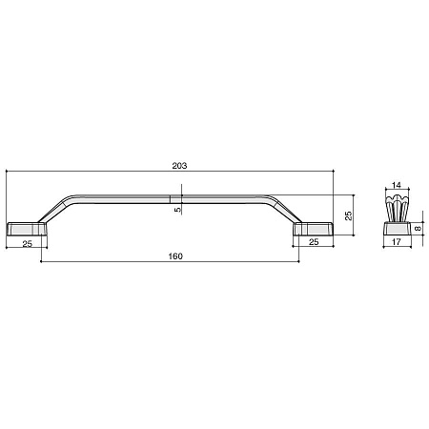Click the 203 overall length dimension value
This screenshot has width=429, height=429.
pos(179,166)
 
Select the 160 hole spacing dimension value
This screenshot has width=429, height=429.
pos(175,256)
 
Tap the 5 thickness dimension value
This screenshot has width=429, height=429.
pos(177,210)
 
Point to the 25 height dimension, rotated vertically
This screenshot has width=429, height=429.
pos(349,215)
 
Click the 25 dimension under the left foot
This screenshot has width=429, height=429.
pos(28,244)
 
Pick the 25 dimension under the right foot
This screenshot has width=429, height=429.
pos(314,242)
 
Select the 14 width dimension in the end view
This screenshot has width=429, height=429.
pos(397,185)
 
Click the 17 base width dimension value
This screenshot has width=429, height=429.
pos(397,242)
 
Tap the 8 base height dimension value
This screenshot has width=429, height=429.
pos(419,228)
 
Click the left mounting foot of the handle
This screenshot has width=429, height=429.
pos(27,229)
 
